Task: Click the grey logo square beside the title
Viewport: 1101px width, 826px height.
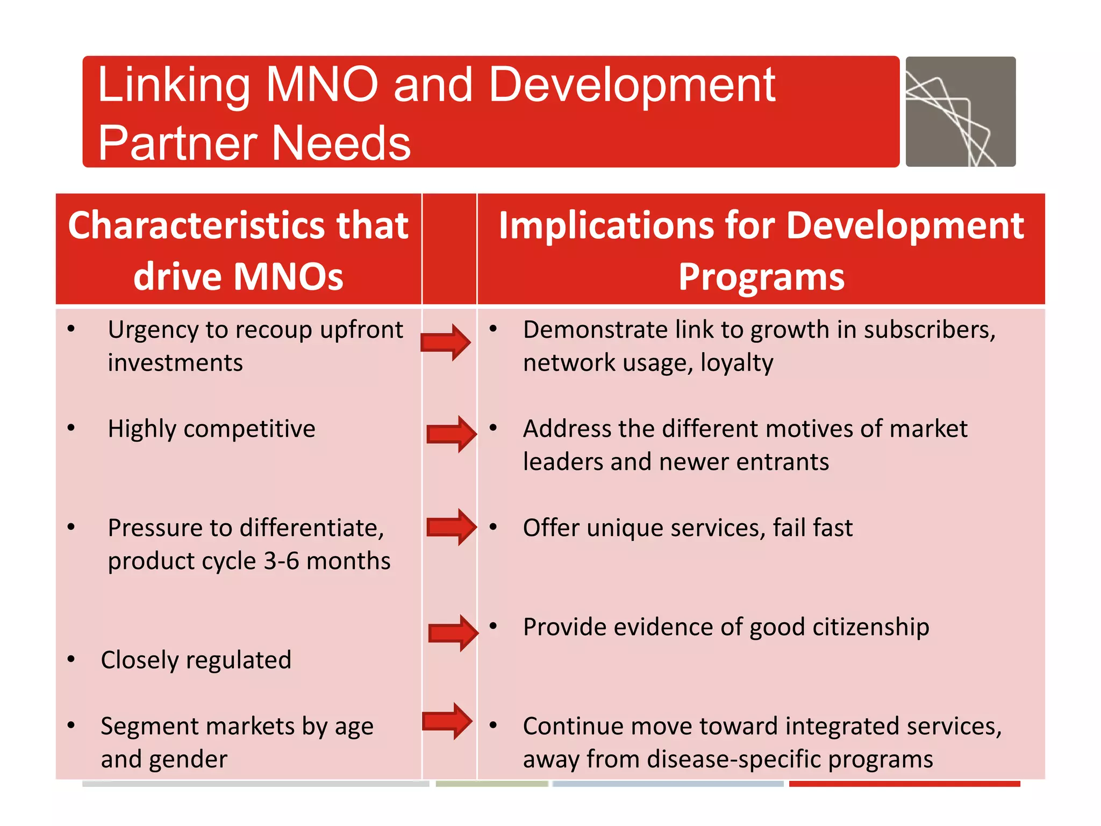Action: tap(960, 111)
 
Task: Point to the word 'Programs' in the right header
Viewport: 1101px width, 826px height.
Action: tap(761, 276)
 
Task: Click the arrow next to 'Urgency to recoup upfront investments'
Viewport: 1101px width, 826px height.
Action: tap(446, 343)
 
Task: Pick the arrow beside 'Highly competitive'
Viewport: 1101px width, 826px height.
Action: tap(451, 434)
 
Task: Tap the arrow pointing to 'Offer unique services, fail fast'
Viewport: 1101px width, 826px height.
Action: tap(451, 527)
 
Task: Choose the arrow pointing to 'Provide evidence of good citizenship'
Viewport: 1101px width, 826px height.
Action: tap(453, 633)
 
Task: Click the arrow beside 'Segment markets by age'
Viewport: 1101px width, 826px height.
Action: tap(447, 721)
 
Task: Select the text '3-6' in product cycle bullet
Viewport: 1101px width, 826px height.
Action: tap(281, 561)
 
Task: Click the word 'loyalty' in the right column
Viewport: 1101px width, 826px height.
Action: tap(737, 363)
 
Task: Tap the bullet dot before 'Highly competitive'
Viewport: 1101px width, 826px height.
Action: tap(71, 428)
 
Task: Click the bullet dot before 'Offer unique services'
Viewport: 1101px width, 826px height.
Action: tap(493, 527)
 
